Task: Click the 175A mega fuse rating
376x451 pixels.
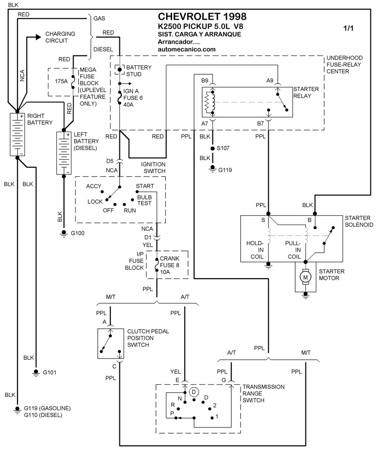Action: point(61,81)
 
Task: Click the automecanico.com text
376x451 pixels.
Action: point(187,49)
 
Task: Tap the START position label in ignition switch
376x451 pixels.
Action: point(144,187)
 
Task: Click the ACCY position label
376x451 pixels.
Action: point(94,187)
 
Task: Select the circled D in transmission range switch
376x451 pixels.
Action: point(194,391)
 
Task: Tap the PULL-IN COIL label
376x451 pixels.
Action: point(295,250)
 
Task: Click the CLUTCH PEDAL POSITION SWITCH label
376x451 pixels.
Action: point(148,338)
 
